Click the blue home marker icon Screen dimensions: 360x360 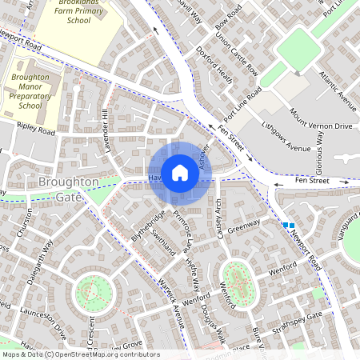coord(180,173)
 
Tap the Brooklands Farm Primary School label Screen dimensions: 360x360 coord(78,14)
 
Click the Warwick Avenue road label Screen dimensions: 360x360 coord(171,302)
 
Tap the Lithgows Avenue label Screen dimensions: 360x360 coord(287,138)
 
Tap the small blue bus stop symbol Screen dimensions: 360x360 coord(289,226)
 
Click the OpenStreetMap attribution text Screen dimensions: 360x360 coord(80,354)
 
